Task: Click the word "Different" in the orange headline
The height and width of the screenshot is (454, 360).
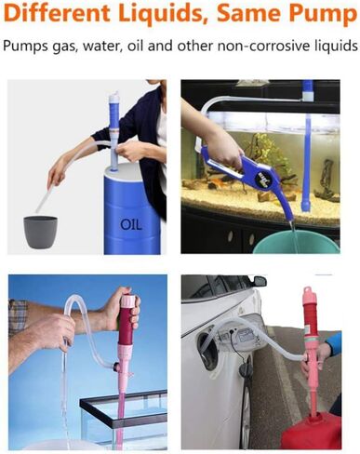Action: tap(57, 13)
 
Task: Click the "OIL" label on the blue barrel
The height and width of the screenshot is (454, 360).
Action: tap(131, 224)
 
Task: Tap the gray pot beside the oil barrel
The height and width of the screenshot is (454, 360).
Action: tap(41, 232)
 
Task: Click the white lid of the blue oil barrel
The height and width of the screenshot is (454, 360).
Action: tap(123, 169)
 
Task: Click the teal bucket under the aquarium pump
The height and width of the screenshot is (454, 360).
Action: tap(296, 241)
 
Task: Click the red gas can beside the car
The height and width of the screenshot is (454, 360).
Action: tap(313, 434)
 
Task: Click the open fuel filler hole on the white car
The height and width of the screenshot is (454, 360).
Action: tap(208, 346)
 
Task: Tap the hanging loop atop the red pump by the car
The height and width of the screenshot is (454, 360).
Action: tap(309, 290)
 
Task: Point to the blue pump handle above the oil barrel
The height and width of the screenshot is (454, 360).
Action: tap(113, 113)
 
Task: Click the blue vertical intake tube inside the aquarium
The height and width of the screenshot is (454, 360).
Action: tap(307, 161)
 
